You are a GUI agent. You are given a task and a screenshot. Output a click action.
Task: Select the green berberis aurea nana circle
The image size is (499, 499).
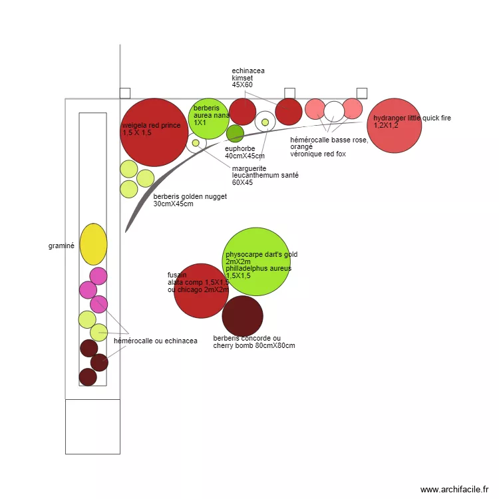point(209,118)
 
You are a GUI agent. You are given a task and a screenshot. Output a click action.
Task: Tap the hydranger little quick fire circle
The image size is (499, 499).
point(395,125)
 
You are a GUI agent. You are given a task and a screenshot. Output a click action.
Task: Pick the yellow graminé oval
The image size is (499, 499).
point(93,244)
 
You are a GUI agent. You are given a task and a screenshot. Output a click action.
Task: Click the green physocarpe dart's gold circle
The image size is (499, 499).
point(255,261)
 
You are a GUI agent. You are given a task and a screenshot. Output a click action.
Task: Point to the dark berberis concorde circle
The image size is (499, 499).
point(242,316)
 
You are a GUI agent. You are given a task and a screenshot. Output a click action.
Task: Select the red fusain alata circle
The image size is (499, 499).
point(201,290)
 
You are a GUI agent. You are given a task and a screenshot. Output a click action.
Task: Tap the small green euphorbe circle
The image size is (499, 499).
point(235,133)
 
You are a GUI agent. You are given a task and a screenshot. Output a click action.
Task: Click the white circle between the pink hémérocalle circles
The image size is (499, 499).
point(334,112)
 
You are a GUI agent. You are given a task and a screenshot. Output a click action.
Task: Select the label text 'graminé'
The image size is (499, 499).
point(61,246)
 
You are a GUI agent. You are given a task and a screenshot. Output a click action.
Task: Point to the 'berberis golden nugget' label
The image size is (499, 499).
point(190,196)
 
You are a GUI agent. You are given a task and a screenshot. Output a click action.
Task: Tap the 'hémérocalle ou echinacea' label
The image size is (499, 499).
point(156,341)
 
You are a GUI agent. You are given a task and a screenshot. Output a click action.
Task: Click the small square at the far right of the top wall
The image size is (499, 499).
point(362,93)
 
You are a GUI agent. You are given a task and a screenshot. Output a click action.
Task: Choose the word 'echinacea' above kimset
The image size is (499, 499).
point(248,70)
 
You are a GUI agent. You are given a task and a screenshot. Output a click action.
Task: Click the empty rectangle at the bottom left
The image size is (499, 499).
point(92,426)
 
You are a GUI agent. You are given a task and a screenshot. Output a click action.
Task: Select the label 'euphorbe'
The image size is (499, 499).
point(240,148)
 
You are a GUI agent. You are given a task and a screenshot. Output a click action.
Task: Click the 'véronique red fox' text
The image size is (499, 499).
point(317,154)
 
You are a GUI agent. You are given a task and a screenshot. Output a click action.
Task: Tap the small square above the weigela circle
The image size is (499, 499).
point(124,93)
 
